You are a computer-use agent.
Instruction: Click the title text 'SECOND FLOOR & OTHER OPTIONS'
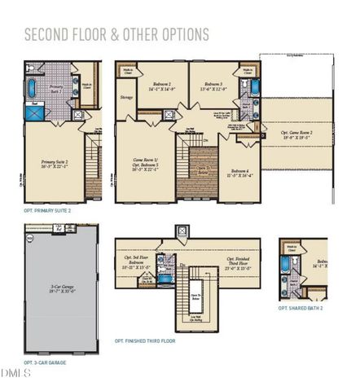(116, 34)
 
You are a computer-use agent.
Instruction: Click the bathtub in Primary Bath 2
(32, 88)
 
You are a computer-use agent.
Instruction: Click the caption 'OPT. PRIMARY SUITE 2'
(47, 210)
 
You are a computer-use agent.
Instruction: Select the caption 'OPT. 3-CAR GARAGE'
(46, 362)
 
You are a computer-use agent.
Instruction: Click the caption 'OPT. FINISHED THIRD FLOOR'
(145, 340)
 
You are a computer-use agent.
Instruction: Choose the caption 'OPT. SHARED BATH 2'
(301, 309)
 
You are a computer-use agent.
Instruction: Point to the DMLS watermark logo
(15, 373)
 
